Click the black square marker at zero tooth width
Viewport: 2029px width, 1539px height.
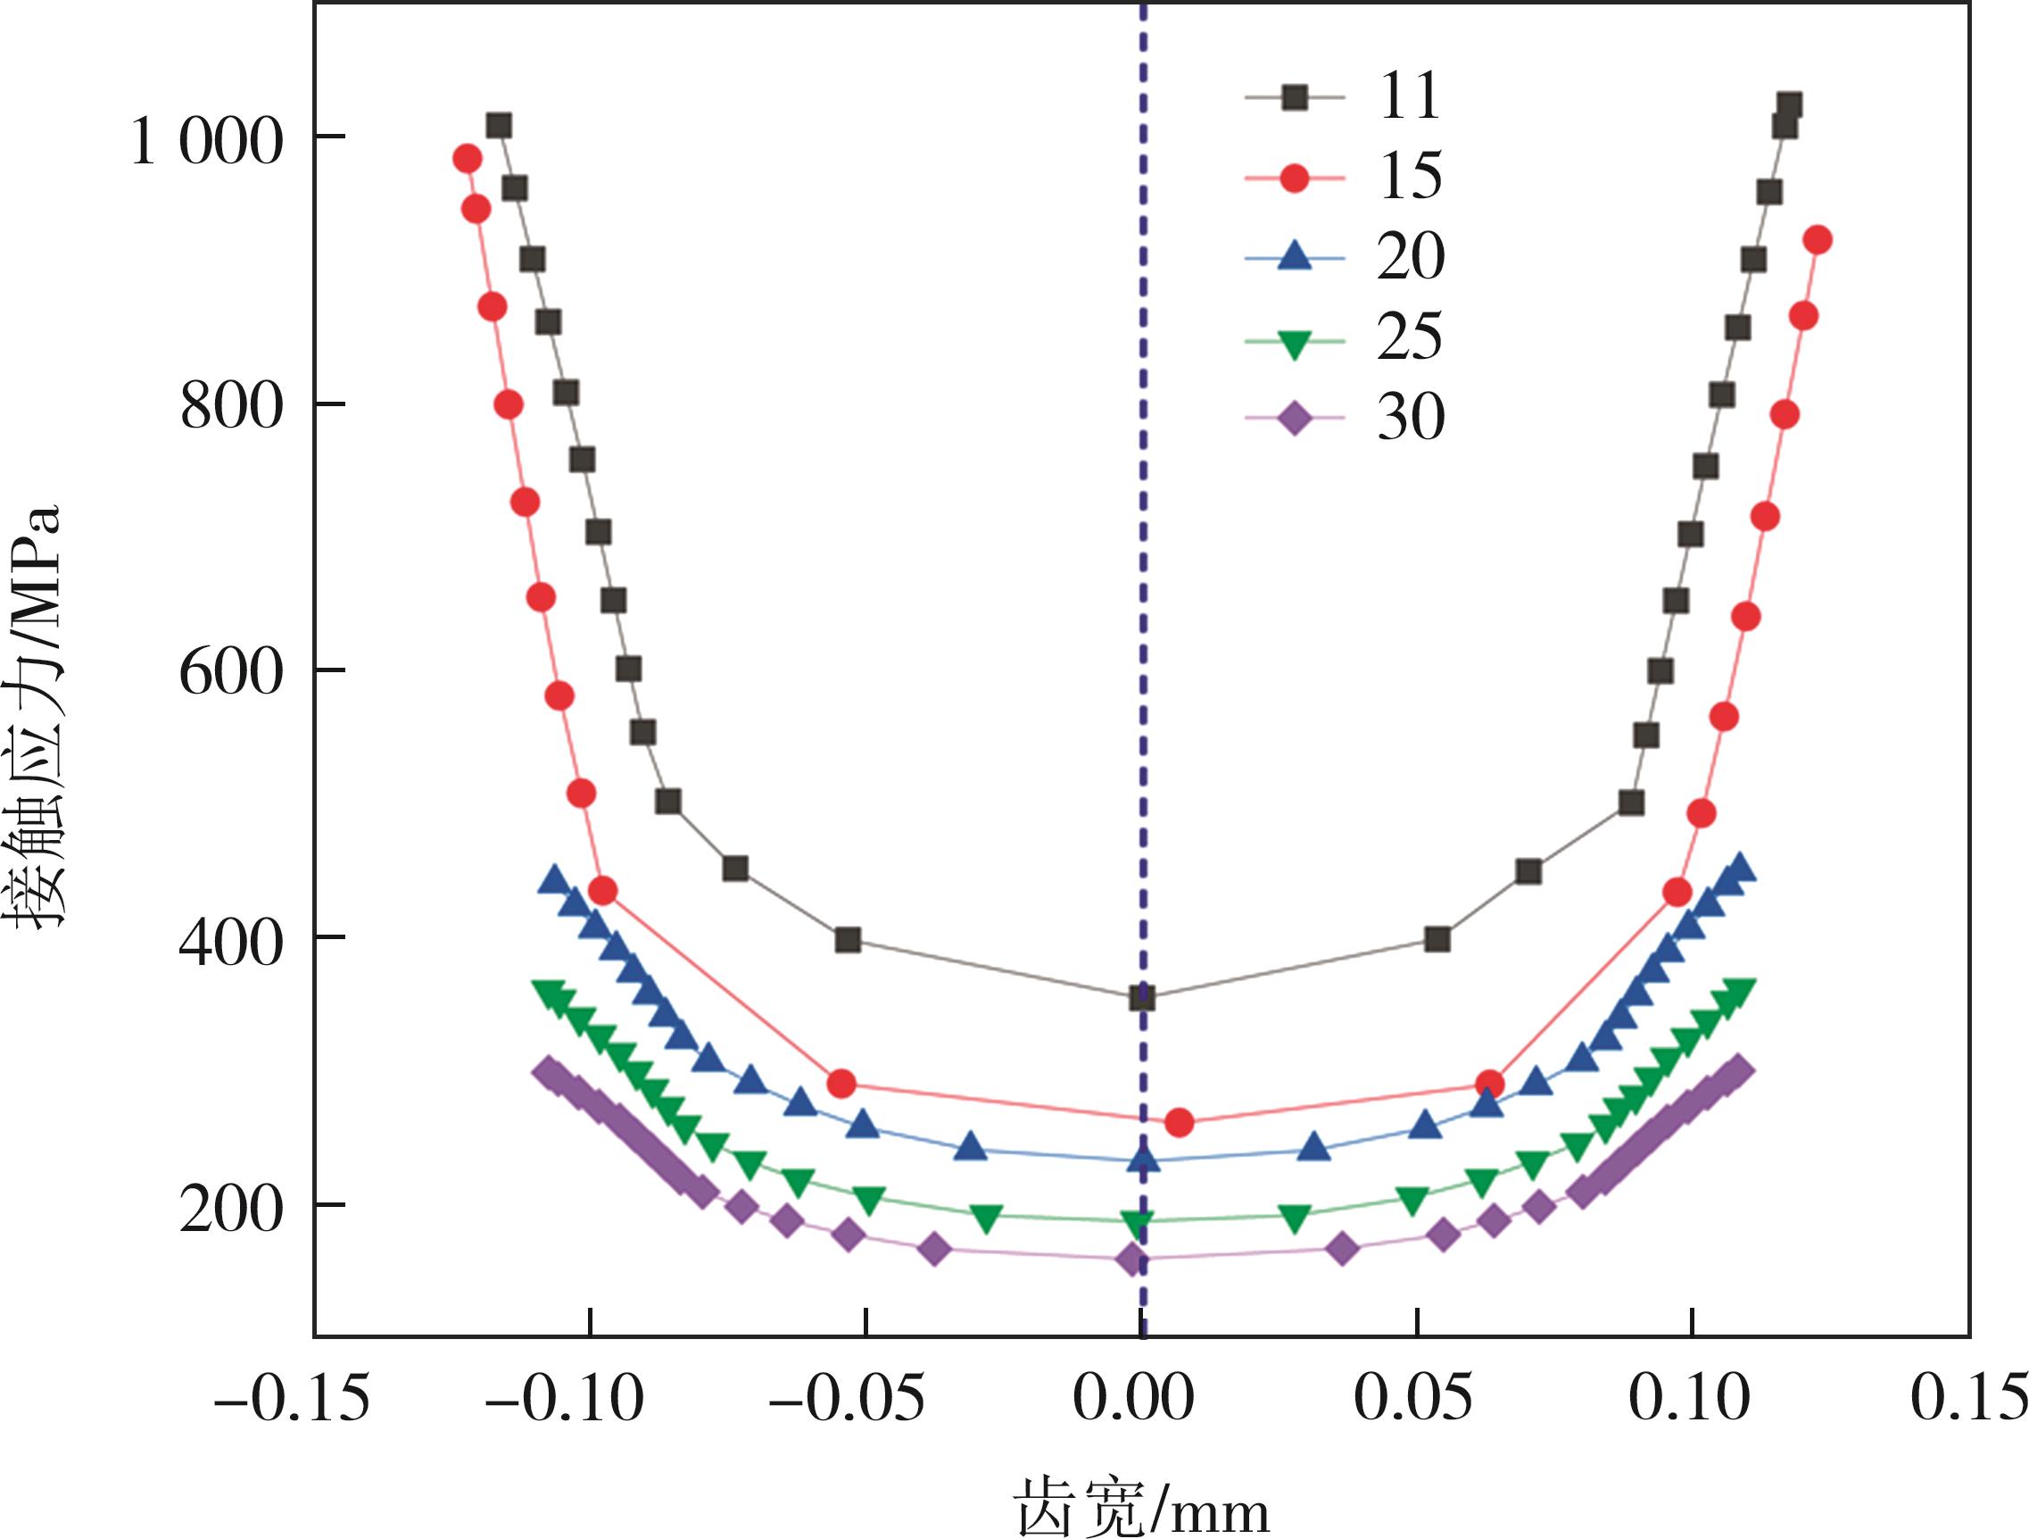[1142, 997]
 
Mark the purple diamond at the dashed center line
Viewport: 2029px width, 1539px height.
[1133, 1260]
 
